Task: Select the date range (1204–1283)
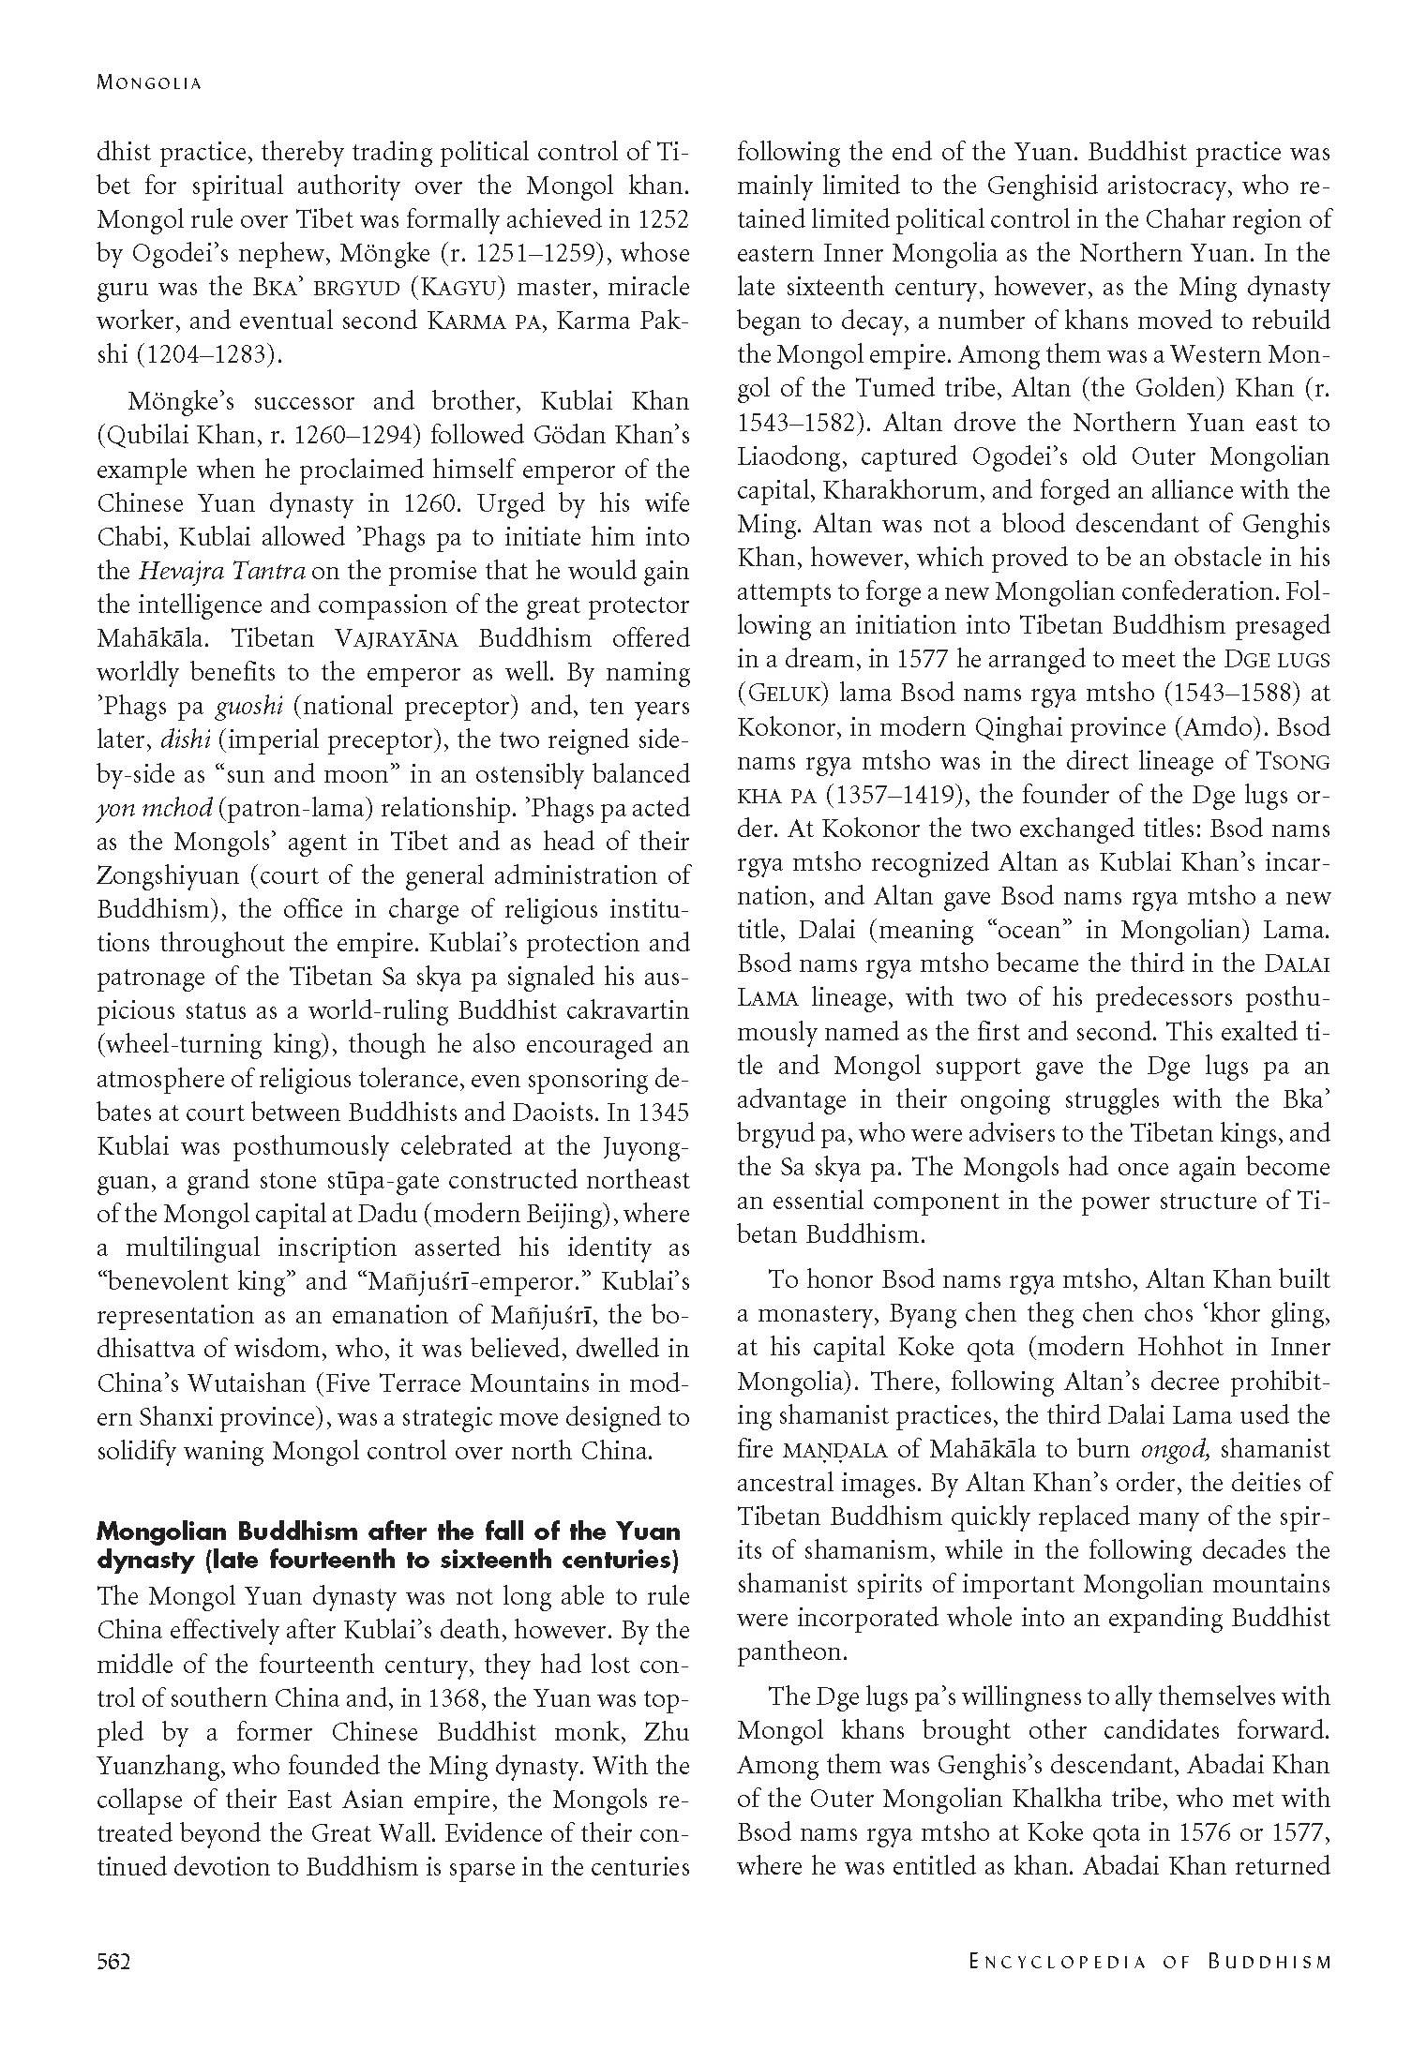197,354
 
